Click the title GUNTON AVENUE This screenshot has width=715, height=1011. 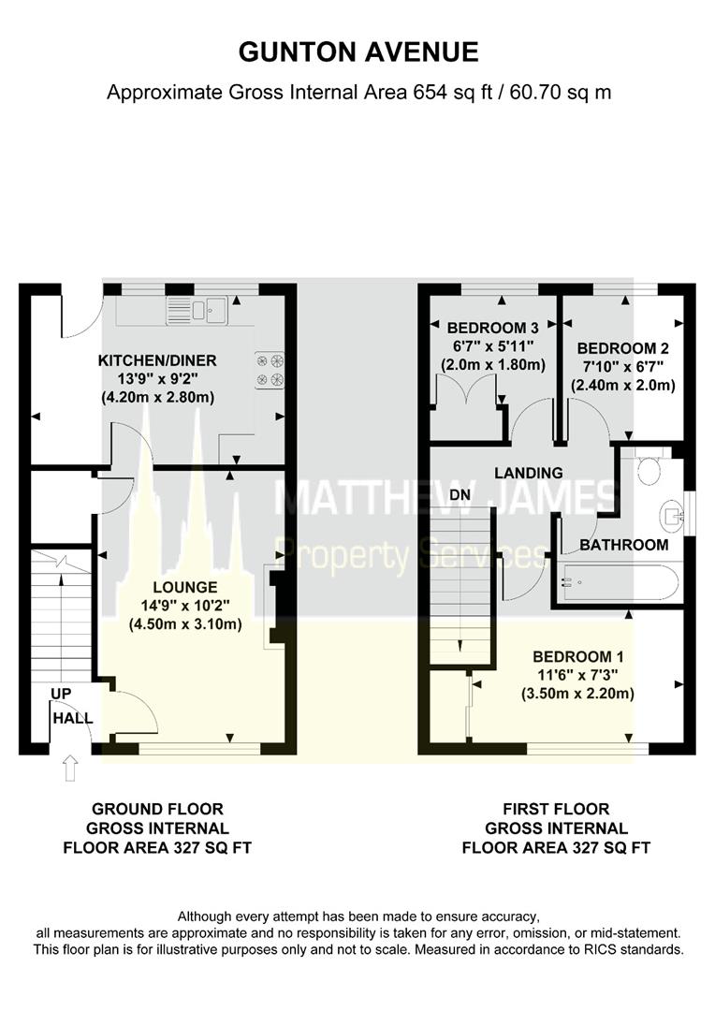358,52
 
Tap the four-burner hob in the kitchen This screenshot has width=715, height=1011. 270,370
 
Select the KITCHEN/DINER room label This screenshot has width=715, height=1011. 157,360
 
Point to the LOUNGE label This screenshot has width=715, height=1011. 185,587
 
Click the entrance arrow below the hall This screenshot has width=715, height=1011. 69,768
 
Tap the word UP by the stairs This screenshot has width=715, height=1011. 61,694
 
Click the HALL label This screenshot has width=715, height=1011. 73,718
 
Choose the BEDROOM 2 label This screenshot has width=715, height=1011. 622,349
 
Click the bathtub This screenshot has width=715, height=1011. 617,583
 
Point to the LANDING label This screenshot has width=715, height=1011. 529,473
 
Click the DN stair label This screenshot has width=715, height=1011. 460,495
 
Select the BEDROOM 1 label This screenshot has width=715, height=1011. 577,657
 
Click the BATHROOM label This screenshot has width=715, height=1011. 623,545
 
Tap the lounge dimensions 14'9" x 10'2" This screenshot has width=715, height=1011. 185,606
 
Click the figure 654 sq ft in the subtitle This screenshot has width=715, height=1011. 451,92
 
